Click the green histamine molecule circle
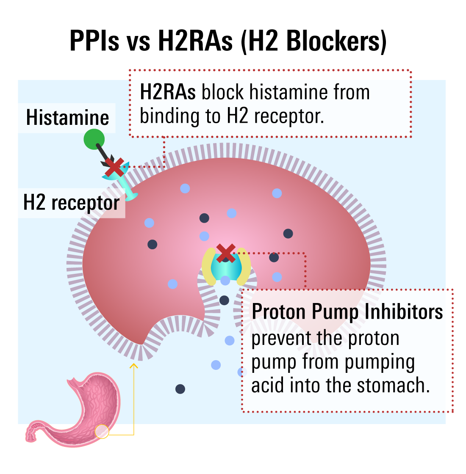click(x=94, y=139)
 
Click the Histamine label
click(x=67, y=118)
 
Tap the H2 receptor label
click(x=71, y=203)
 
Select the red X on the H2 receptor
click(x=114, y=168)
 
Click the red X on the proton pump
click(x=226, y=253)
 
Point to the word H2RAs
click(x=168, y=92)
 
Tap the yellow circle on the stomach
click(x=102, y=431)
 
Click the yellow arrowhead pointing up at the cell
click(x=134, y=364)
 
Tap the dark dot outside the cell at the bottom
click(x=180, y=389)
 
